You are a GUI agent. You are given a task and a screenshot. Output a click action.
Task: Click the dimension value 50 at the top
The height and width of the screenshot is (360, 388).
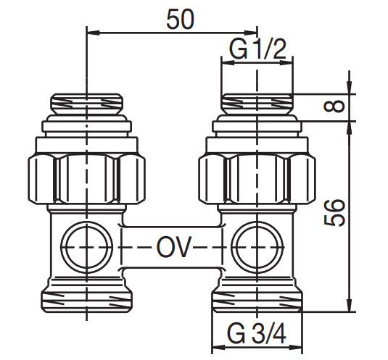[x=180, y=19]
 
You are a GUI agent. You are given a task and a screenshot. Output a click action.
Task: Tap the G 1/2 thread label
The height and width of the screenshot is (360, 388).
[x=257, y=49]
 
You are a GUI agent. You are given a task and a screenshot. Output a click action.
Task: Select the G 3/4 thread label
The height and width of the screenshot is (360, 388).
[x=257, y=334]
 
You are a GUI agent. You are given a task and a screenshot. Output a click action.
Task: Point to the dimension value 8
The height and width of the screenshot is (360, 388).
[x=334, y=106]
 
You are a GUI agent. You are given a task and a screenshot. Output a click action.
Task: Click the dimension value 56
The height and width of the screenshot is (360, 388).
[x=334, y=212]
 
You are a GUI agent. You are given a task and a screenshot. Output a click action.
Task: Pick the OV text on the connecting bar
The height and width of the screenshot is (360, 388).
[x=174, y=247]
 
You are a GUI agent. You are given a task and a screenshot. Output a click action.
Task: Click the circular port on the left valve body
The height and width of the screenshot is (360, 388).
[x=86, y=247]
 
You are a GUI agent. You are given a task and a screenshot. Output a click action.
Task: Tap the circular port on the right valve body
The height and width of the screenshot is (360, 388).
[x=257, y=247]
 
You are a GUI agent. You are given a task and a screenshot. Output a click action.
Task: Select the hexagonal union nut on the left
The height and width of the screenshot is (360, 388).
[x=86, y=179]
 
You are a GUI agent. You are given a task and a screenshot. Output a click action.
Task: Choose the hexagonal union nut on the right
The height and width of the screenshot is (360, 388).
[x=257, y=179]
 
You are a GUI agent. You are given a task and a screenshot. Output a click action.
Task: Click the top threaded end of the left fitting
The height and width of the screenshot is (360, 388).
[x=86, y=104]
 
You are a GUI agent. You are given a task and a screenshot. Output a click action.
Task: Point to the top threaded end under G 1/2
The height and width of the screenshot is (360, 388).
[x=257, y=104]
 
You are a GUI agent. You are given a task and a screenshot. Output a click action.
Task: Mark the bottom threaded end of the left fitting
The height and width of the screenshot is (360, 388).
[x=86, y=302]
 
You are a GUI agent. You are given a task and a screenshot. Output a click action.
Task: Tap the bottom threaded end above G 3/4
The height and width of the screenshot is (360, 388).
[x=257, y=302]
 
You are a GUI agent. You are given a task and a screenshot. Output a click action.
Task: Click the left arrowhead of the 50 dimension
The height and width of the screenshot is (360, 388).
[x=94, y=32]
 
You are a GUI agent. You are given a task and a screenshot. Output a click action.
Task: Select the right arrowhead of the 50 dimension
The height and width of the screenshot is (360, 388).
[x=250, y=32]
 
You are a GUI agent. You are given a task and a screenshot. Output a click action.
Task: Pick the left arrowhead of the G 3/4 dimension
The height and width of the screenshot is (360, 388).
[x=219, y=348]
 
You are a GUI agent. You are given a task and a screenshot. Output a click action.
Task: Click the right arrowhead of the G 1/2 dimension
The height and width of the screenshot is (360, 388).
[x=286, y=63]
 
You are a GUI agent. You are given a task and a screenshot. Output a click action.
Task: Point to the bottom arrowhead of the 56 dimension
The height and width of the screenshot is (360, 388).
[x=349, y=305]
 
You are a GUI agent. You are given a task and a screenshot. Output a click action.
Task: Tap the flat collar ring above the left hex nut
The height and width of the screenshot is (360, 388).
[x=86, y=127]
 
